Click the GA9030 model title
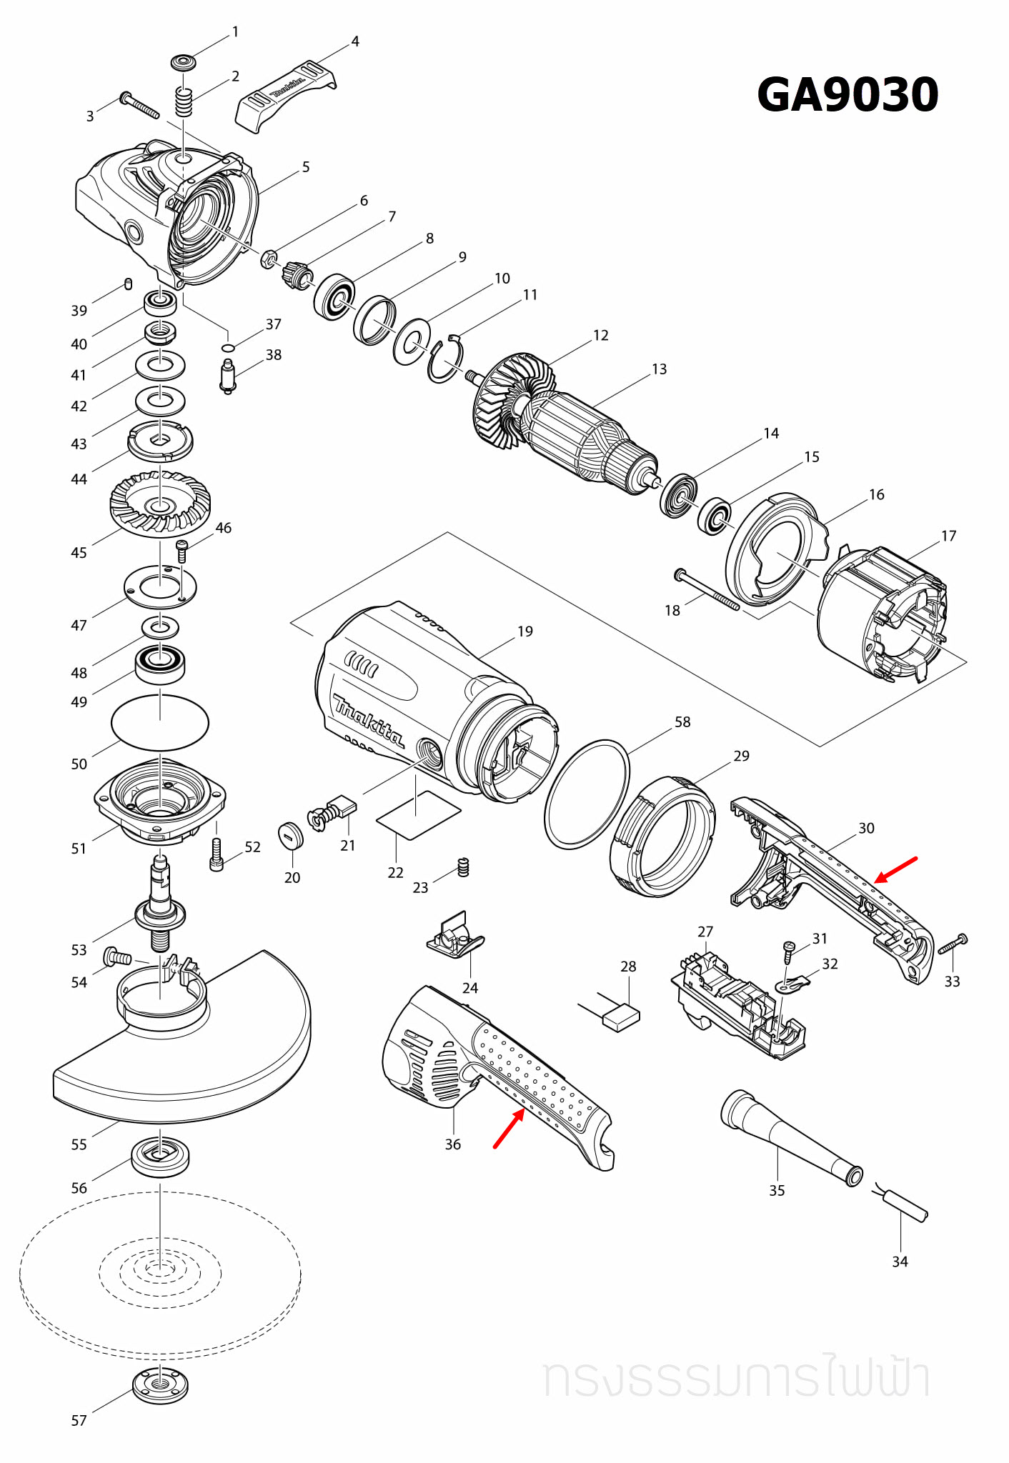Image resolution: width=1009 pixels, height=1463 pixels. (848, 95)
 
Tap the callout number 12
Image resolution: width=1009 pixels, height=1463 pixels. (601, 335)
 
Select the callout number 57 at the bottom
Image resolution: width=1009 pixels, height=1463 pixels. (79, 1421)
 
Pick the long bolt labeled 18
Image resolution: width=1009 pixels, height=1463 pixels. (707, 589)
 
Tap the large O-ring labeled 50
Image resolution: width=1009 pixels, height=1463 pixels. (160, 722)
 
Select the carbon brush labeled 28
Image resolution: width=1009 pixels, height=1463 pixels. (621, 1017)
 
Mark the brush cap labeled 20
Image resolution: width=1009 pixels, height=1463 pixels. (291, 835)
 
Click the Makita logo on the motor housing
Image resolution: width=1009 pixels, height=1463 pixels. (369, 721)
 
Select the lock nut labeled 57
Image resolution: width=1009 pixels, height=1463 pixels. (161, 1385)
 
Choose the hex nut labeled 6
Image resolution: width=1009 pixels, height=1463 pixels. (269, 257)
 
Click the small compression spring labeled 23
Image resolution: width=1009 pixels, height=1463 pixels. (463, 867)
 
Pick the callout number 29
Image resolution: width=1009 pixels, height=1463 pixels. (741, 756)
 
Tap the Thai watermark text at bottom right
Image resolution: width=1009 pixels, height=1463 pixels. (736, 1378)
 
